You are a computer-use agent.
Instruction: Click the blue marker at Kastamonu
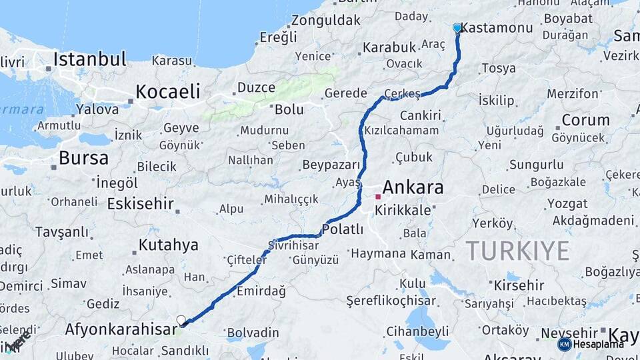(457, 27)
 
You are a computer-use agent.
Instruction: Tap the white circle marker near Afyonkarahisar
(181, 320)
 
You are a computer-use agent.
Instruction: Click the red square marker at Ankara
(378, 197)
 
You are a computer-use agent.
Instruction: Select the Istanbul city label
(89, 59)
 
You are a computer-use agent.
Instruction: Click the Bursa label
(83, 158)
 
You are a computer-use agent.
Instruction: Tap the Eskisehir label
(140, 203)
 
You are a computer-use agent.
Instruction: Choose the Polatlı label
(342, 229)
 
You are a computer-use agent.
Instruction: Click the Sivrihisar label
(291, 243)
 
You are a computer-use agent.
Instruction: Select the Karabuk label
(389, 48)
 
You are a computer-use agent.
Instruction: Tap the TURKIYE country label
(517, 251)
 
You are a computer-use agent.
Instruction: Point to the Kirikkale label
(403, 210)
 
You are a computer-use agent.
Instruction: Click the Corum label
(585, 120)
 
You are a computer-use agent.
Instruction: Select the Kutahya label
(168, 245)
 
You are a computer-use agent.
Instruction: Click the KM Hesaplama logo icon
(564, 344)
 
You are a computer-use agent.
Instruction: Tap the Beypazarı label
(331, 165)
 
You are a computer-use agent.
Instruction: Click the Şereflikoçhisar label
(390, 301)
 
